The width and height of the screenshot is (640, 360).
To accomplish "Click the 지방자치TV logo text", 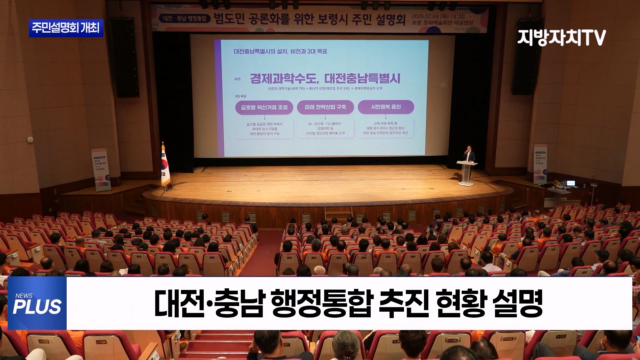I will click(561, 38).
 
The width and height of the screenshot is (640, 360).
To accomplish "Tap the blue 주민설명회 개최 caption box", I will click(66, 28).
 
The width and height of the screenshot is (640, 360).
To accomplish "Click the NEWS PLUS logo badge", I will click(37, 303).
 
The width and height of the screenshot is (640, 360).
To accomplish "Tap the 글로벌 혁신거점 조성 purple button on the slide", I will click(264, 107).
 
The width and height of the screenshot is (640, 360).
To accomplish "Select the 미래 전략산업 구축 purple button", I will click(325, 107).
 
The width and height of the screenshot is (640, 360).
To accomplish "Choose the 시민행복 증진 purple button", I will click(386, 107).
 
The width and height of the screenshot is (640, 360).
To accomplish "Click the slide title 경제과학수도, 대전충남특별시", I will click(325, 79).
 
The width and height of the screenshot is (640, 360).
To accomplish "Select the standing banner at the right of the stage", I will click(540, 164).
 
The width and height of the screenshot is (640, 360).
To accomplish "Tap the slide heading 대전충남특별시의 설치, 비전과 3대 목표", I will click(280, 52).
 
